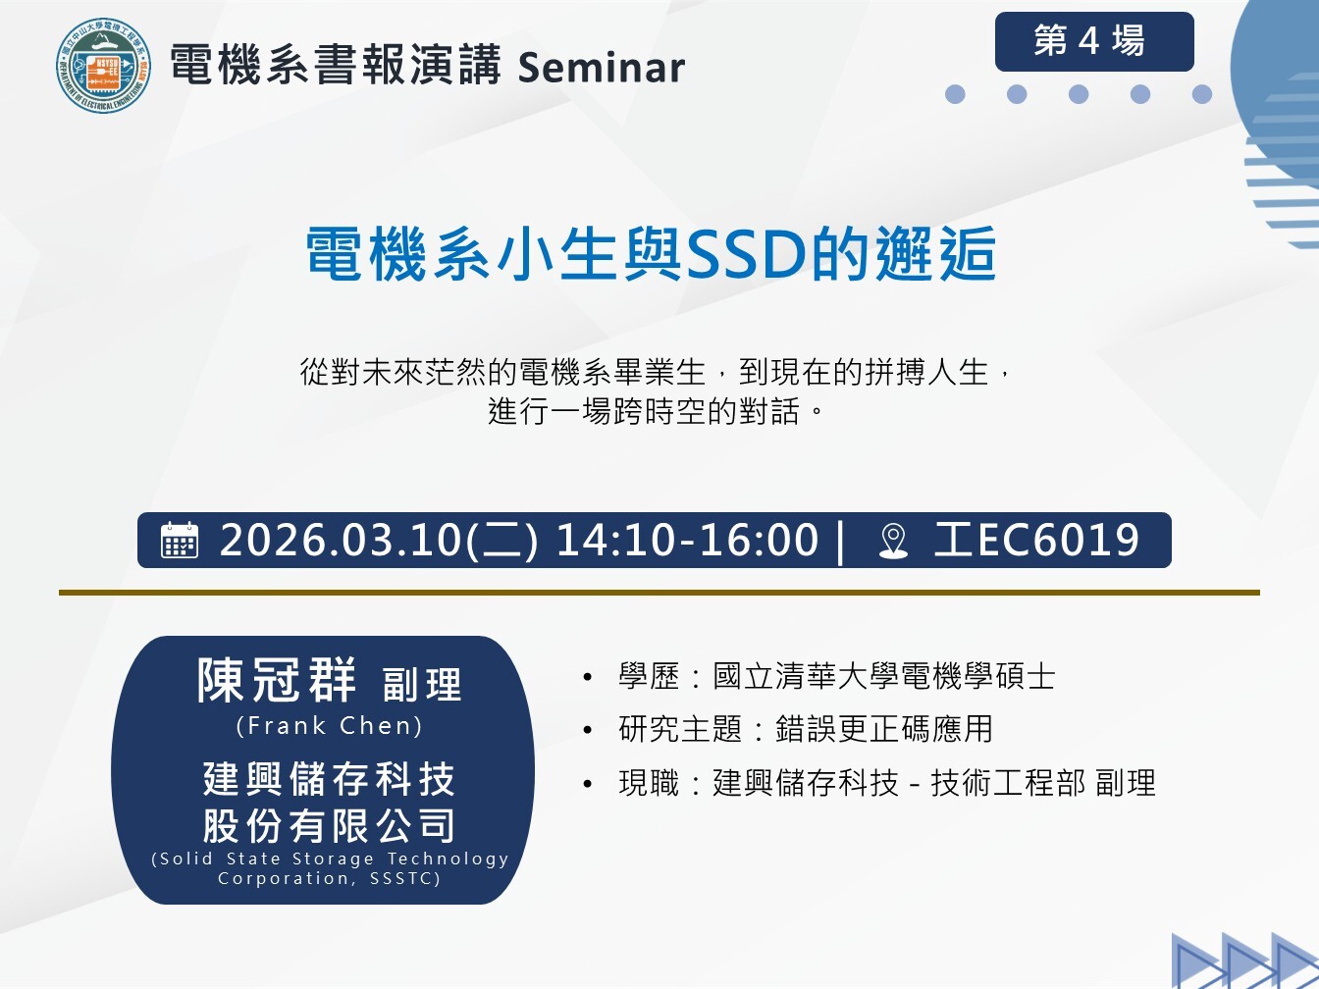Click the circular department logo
[x=103, y=65]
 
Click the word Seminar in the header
[x=601, y=68]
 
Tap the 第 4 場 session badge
[x=1094, y=41]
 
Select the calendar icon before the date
[x=179, y=540]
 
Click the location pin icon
[x=893, y=541]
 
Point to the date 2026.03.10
[x=341, y=540]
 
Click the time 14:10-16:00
[x=687, y=540]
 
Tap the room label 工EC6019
[x=1036, y=540]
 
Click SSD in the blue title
[x=746, y=254]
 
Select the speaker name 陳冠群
[x=277, y=680]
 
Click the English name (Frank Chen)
[x=330, y=726]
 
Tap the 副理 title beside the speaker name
[x=422, y=685]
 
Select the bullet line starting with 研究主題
[x=787, y=729]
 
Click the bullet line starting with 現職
[x=869, y=782]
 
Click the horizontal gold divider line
[x=659, y=593]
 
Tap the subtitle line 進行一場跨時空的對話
[x=655, y=411]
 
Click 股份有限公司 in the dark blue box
[x=330, y=826]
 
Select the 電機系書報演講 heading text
[x=336, y=65]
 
